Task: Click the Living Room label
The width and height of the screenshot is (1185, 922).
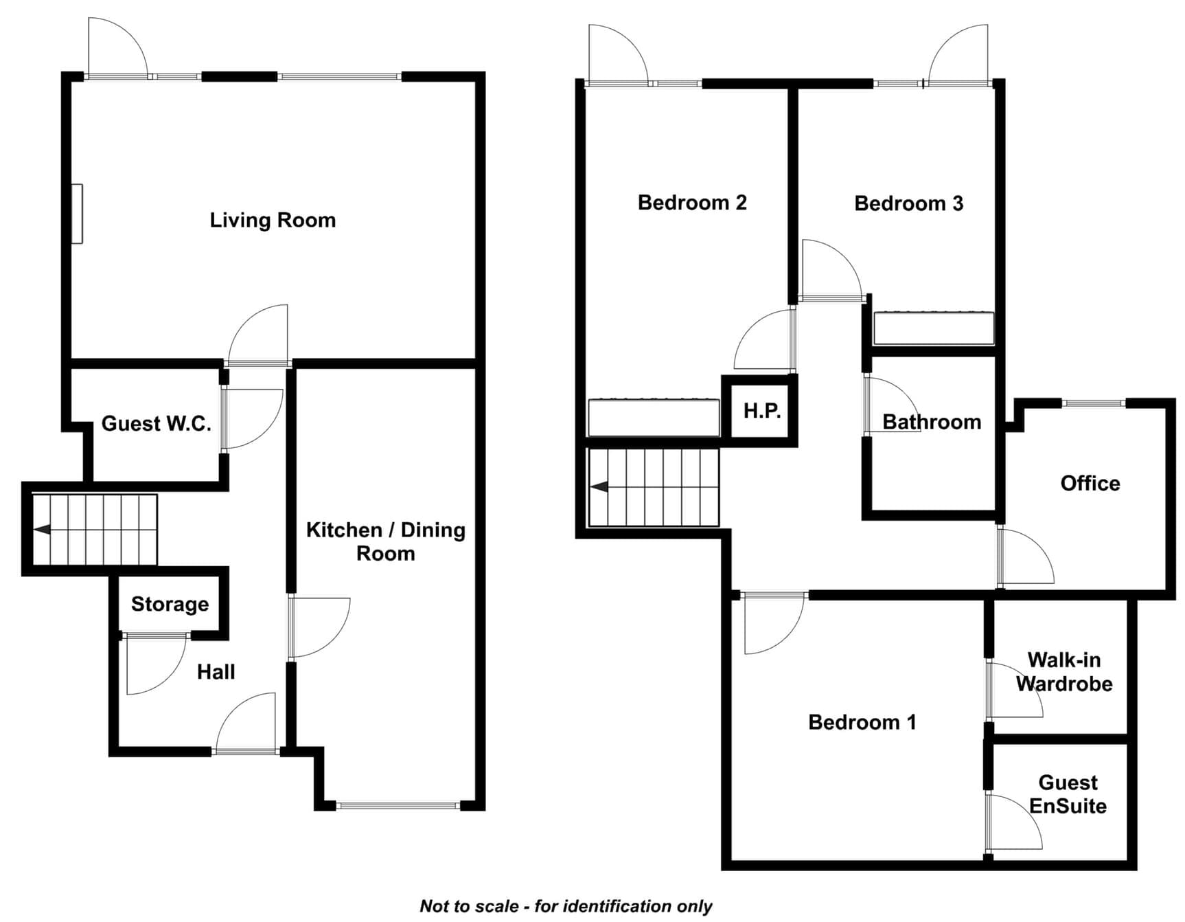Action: click(x=273, y=220)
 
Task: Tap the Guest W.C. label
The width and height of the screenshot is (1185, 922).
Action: click(x=157, y=423)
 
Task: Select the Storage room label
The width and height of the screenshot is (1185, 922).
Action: click(x=170, y=604)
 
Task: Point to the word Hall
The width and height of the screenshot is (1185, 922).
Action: click(x=216, y=671)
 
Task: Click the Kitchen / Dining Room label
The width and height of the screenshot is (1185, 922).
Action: click(x=386, y=541)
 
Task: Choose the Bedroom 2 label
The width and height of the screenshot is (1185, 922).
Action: click(x=692, y=203)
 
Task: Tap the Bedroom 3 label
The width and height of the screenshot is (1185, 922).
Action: click(x=909, y=203)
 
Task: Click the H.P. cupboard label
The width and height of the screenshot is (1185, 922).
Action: click(x=762, y=411)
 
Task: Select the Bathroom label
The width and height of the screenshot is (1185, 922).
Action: click(x=932, y=422)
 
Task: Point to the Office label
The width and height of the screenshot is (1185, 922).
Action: click(x=1090, y=483)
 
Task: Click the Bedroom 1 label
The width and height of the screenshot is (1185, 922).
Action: click(x=862, y=722)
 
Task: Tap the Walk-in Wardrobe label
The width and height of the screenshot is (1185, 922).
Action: click(x=1064, y=672)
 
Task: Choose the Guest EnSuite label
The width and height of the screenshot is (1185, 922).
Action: click(x=1068, y=794)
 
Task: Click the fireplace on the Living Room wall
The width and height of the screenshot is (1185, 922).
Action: click(x=78, y=214)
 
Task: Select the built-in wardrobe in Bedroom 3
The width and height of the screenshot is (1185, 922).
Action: click(x=934, y=328)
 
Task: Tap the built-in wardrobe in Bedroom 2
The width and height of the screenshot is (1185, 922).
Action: click(x=654, y=417)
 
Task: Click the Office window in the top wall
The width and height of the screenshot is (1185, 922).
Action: click(x=1094, y=403)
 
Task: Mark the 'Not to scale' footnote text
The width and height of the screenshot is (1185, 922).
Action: click(x=566, y=906)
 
